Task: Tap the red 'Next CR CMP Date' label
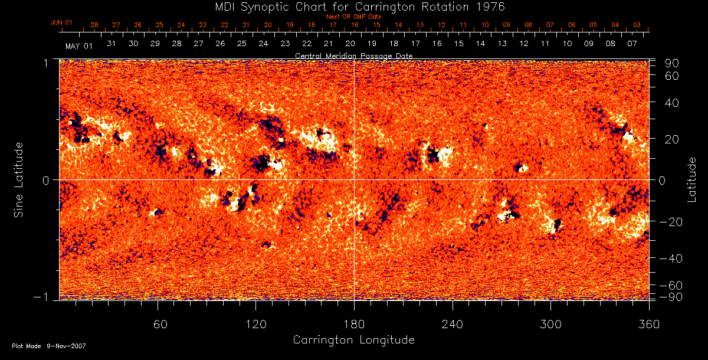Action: pos(354,17)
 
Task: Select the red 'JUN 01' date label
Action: pos(61,22)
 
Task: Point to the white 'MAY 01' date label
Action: pos(79,45)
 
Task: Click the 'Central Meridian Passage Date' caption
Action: pos(354,55)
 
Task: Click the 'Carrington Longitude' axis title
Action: pos(353,340)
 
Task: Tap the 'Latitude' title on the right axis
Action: pos(691,179)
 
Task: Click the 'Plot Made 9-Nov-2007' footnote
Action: pos(49,346)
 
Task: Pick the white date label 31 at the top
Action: pos(112,44)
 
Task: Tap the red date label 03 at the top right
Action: pos(637,25)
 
